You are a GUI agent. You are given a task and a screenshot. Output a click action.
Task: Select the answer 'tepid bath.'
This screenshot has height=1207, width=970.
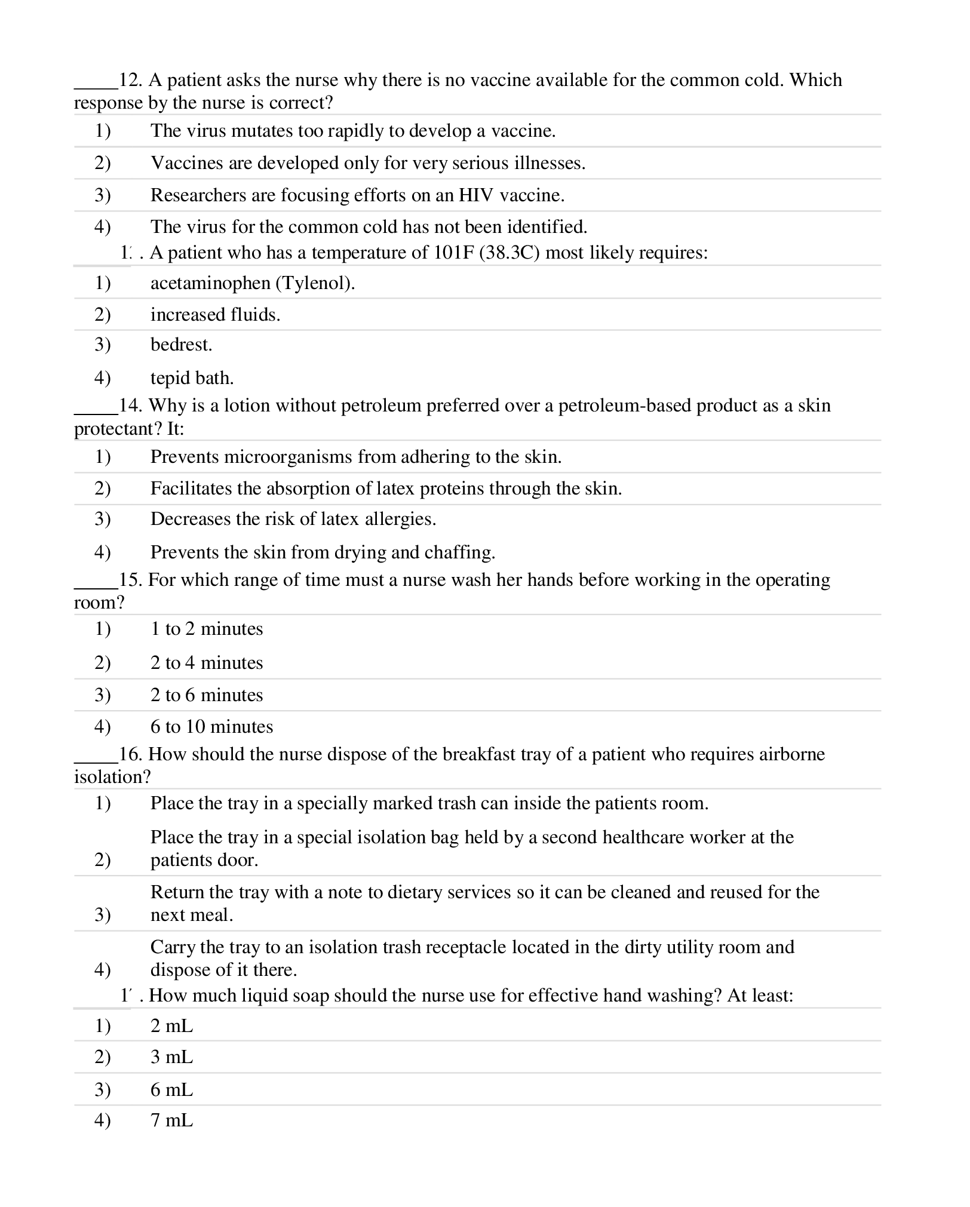[192, 378]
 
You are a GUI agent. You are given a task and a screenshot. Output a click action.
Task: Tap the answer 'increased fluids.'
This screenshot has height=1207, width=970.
[215, 315]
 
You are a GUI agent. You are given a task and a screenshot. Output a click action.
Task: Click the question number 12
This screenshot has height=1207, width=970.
[129, 80]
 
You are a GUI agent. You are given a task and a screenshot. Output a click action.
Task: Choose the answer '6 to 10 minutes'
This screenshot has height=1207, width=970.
[211, 727]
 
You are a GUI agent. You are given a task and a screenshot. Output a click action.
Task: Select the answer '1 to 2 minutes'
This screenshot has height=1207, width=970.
[206, 629]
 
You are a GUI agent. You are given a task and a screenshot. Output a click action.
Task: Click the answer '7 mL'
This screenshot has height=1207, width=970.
[171, 1120]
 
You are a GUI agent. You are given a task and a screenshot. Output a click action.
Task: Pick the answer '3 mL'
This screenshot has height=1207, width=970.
[171, 1057]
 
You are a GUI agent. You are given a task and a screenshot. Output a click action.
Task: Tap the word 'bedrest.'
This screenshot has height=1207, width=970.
[181, 345]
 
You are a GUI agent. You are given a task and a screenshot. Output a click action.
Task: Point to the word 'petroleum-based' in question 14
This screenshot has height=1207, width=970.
[624, 406]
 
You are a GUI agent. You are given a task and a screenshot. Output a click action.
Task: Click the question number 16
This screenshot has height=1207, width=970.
[130, 754]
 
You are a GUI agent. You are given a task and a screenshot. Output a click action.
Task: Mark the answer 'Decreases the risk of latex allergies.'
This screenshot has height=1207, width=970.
[293, 519]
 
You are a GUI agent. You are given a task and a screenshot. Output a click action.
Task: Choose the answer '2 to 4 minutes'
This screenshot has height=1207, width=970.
[206, 663]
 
